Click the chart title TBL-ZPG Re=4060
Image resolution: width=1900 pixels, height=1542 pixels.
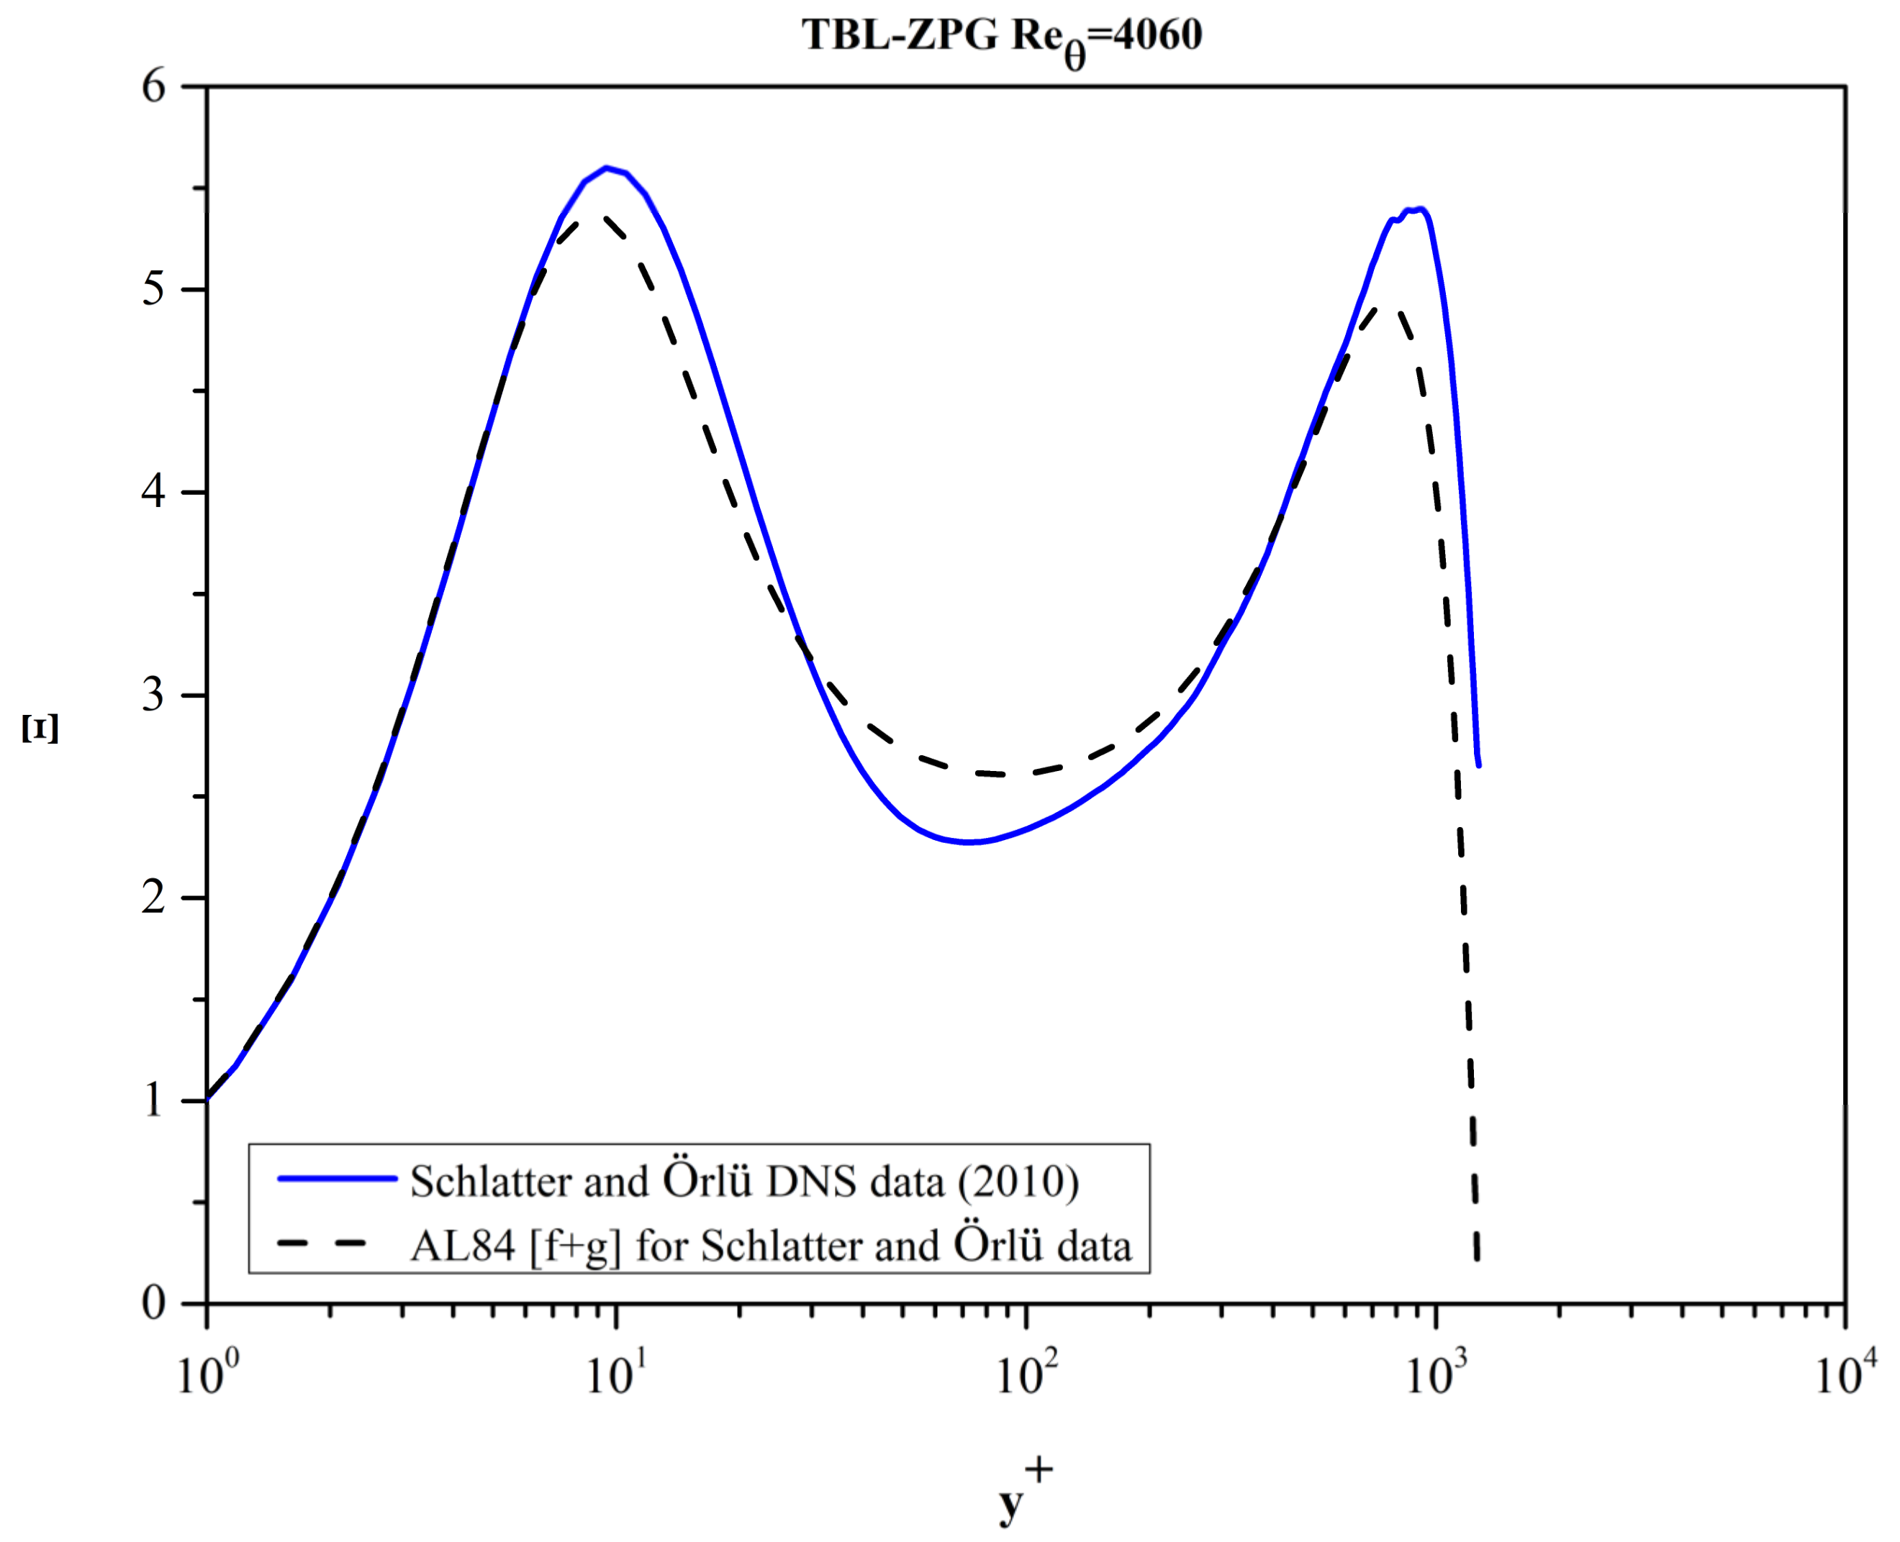(1002, 37)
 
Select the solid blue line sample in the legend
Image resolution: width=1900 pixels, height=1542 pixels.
(337, 1179)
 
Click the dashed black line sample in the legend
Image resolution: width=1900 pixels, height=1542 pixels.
(322, 1243)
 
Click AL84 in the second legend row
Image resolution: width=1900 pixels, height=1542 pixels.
(462, 1246)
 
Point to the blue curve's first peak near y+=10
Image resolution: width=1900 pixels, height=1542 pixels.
(606, 167)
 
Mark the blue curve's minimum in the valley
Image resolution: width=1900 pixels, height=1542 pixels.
(969, 841)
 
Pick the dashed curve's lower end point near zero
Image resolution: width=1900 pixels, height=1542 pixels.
(1477, 1257)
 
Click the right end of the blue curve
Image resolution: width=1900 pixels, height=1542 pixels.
(1478, 764)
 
